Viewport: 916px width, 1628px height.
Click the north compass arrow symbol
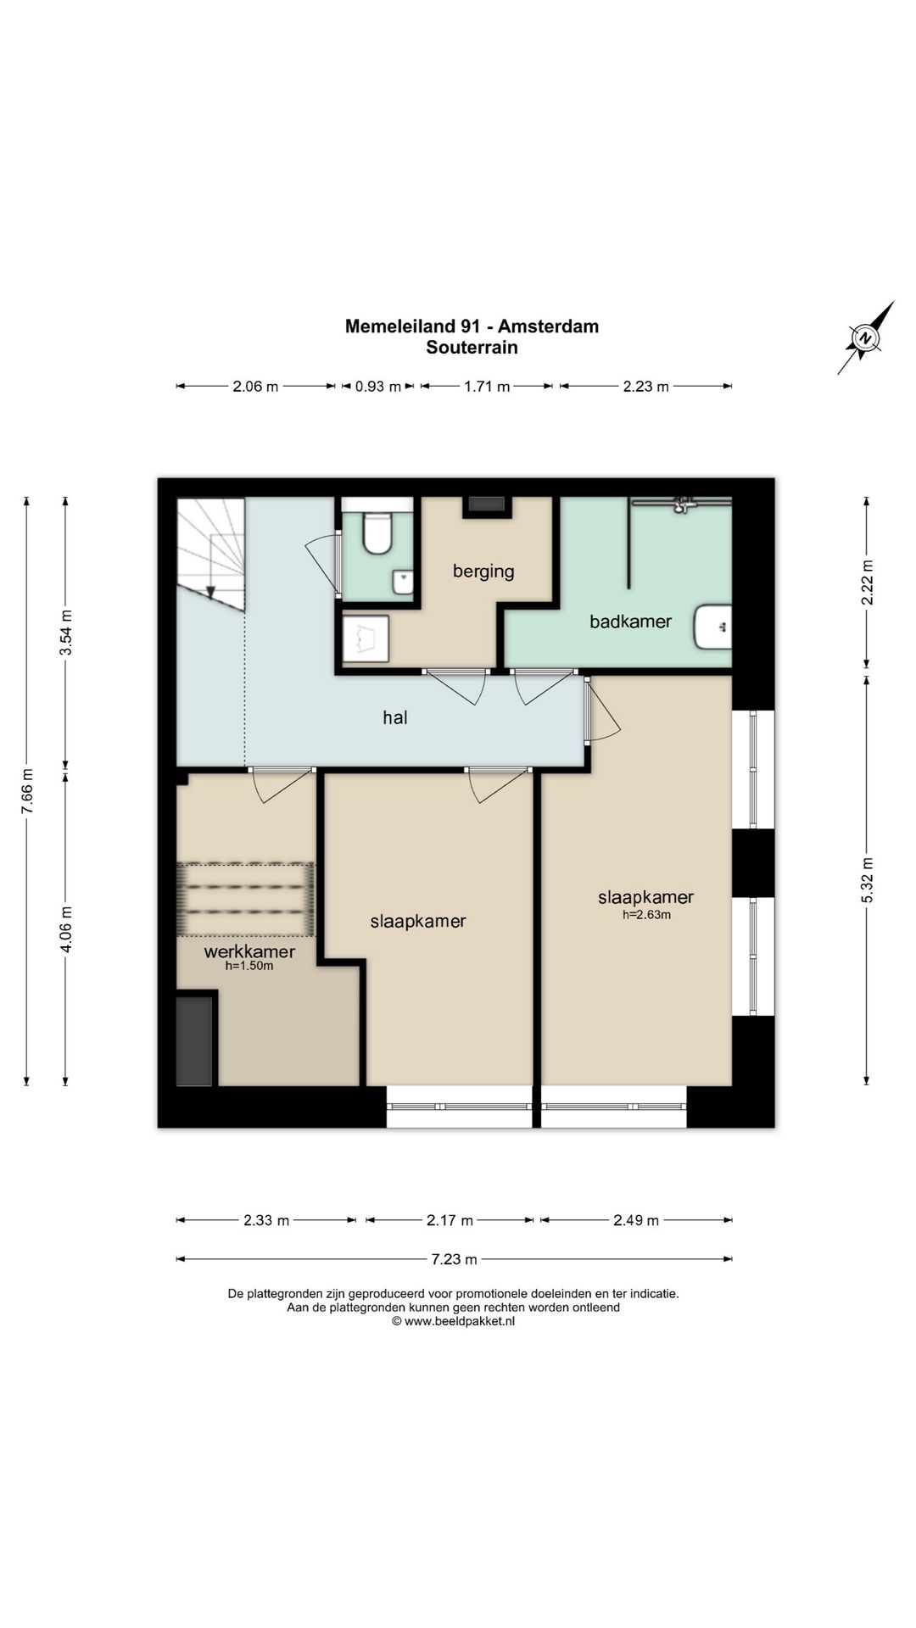pyautogui.click(x=866, y=337)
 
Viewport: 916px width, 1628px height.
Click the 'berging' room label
pyautogui.click(x=483, y=571)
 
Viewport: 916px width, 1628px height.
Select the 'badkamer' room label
pyautogui.click(x=630, y=622)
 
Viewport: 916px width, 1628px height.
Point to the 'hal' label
pyautogui.click(x=395, y=717)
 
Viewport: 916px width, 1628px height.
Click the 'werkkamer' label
pyautogui.click(x=249, y=951)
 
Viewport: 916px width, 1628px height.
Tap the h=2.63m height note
pyautogui.click(x=646, y=914)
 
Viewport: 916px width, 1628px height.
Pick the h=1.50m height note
pyautogui.click(x=249, y=966)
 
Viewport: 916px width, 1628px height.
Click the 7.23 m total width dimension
pyautogui.click(x=454, y=1259)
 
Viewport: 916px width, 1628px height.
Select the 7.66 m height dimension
pyautogui.click(x=27, y=791)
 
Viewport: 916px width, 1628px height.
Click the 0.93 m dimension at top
pyautogui.click(x=377, y=387)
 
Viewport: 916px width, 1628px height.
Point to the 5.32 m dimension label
pyautogui.click(x=867, y=881)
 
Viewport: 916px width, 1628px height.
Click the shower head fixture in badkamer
pyautogui.click(x=679, y=505)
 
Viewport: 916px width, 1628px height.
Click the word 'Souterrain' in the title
pyautogui.click(x=472, y=348)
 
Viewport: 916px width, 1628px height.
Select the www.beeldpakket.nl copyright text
pyautogui.click(x=453, y=1321)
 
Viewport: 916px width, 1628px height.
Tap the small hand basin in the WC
pyautogui.click(x=403, y=583)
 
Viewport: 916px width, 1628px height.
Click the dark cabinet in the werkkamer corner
pyautogui.click(x=194, y=1041)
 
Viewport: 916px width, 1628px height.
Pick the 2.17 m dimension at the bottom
pyautogui.click(x=450, y=1220)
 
